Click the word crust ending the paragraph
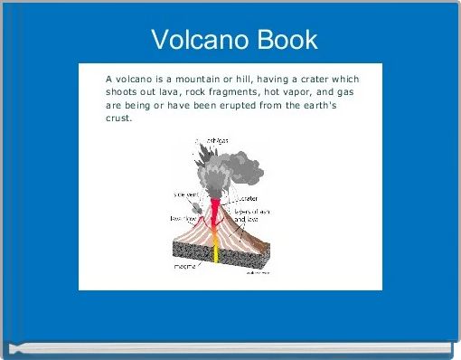point(118,118)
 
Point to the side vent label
point(187,193)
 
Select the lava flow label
point(183,218)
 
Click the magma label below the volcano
point(187,267)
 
